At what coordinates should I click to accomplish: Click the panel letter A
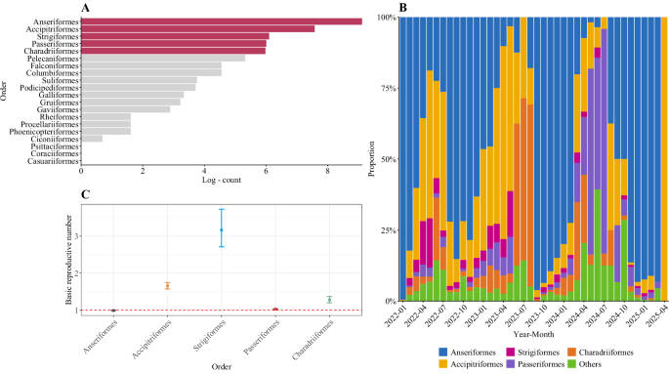coord(86,8)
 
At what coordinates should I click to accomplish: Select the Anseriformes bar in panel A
coord(221,21)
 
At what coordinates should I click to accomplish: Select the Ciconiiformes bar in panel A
coord(92,138)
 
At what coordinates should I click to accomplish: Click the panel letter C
coord(86,194)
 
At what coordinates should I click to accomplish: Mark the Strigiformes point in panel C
coord(222,229)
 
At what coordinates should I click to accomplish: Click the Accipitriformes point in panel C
coord(168,285)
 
